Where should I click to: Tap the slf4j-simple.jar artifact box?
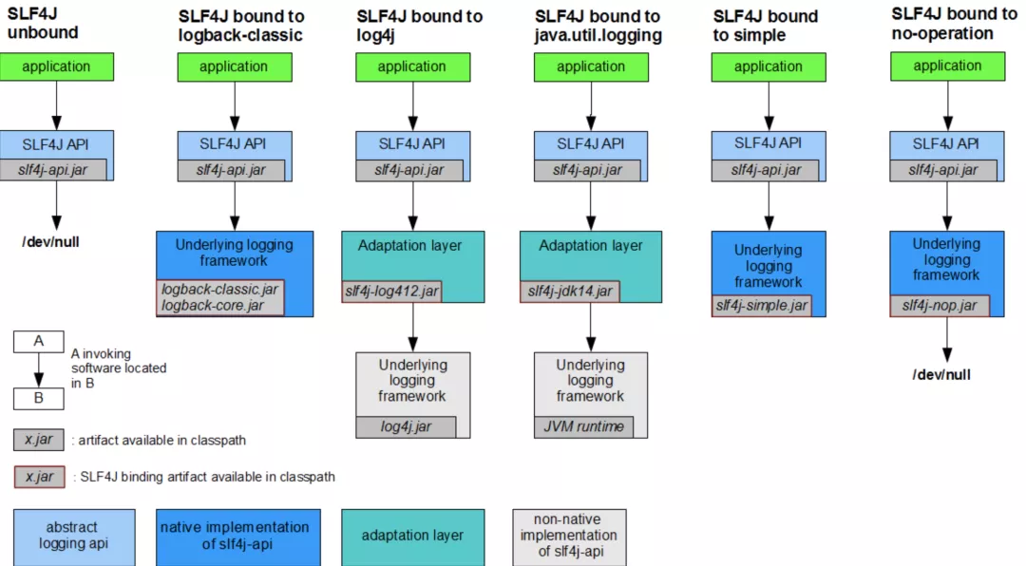coord(763,305)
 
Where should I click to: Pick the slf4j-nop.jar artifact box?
coord(940,305)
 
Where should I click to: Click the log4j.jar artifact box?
coord(406,426)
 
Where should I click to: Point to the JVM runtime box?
coord(583,426)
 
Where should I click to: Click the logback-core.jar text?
coord(212,305)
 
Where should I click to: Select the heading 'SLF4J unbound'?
coord(43,24)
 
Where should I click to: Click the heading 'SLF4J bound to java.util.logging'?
coord(598,26)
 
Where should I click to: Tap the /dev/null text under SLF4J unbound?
coord(50,242)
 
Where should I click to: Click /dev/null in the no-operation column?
coord(941,374)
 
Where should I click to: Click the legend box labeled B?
coord(38,398)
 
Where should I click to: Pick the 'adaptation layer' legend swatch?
coord(412,537)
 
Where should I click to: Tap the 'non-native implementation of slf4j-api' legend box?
coord(569,537)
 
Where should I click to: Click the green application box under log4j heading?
coord(412,66)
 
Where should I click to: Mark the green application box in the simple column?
coord(768,66)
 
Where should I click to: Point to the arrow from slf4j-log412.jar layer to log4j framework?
coord(412,328)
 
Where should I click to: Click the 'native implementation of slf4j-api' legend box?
coord(237,537)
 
